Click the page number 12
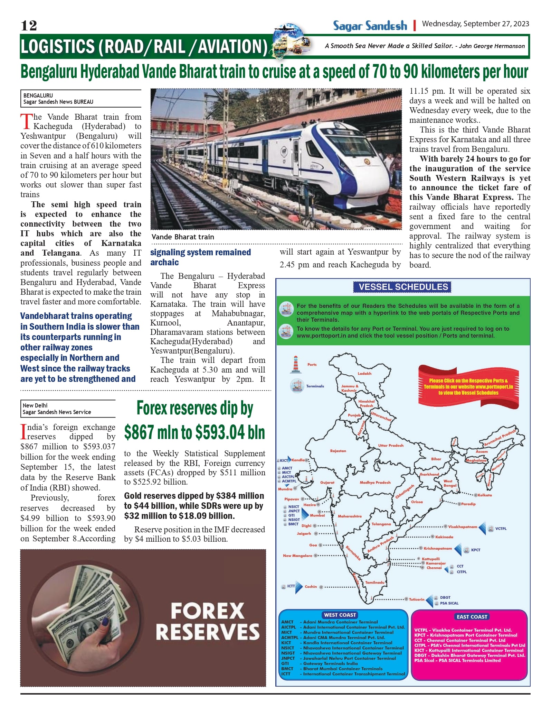coord(29,26)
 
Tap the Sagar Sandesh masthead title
coord(370,26)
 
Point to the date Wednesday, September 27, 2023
coord(475,24)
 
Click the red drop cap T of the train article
coord(26,121)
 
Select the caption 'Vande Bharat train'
coord(183,237)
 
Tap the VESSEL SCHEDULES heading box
coord(403,287)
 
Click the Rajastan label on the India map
coord(338,451)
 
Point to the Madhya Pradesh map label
coord(375,483)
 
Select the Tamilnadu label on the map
coord(375,583)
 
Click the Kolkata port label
coord(485,495)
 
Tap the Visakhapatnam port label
coord(462,527)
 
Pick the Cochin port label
coord(311,587)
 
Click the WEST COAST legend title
coord(340,615)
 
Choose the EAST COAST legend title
coord(472,617)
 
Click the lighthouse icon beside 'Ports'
coord(295,364)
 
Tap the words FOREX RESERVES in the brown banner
coord(207,621)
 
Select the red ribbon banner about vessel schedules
coord(468,386)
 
